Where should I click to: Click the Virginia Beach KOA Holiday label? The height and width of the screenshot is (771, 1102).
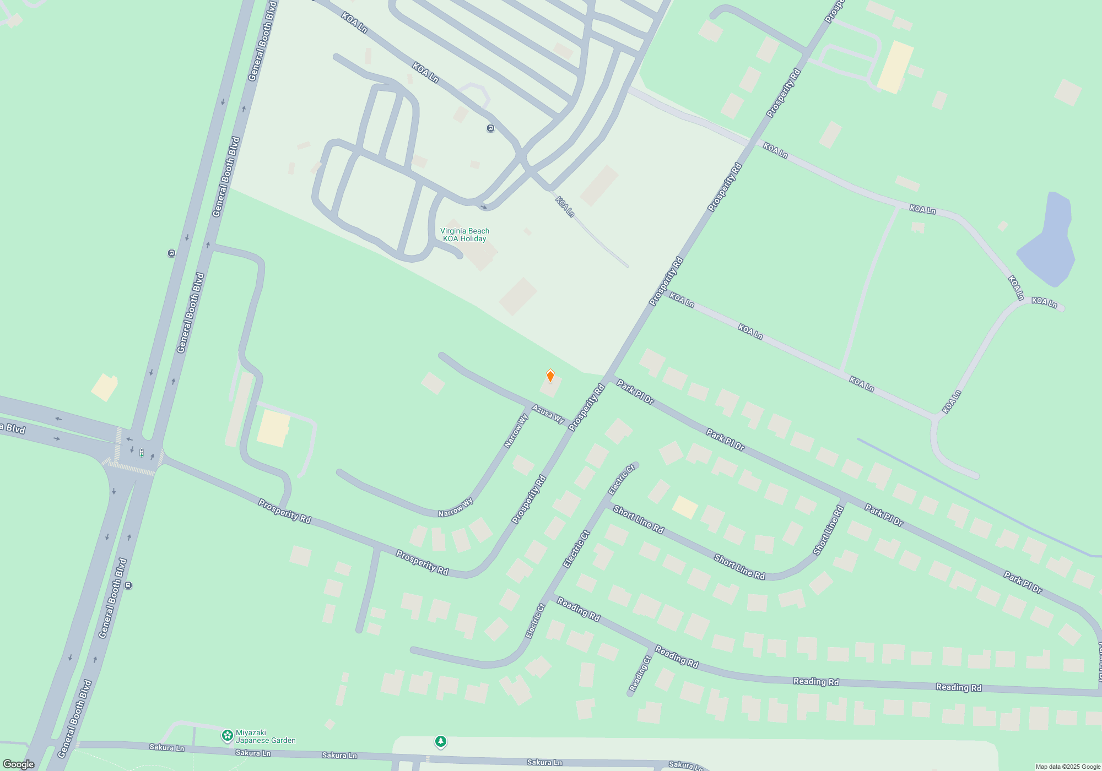(464, 235)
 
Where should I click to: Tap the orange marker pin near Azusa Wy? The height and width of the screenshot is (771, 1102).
(550, 376)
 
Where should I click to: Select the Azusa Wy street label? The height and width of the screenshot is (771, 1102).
(548, 414)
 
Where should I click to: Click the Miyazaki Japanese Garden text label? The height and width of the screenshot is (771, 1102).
(266, 736)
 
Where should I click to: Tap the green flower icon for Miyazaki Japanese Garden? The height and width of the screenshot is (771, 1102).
(227, 735)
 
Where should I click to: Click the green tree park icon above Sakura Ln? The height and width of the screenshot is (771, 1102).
(440, 741)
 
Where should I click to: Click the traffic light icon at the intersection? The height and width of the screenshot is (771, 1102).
(142, 453)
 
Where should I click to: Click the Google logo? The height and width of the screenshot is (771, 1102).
(19, 764)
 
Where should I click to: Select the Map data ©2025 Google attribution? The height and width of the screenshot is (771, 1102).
(1067, 767)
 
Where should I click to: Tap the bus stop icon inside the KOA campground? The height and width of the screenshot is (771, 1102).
(490, 128)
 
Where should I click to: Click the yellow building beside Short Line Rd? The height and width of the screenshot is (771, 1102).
(685, 507)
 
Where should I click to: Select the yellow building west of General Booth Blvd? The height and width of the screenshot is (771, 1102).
(104, 387)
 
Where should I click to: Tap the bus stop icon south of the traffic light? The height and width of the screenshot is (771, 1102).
(128, 585)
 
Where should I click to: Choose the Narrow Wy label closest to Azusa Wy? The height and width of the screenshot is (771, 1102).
(516, 430)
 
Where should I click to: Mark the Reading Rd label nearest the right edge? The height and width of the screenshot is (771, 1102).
(959, 687)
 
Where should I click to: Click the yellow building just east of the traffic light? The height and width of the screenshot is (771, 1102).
(274, 428)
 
